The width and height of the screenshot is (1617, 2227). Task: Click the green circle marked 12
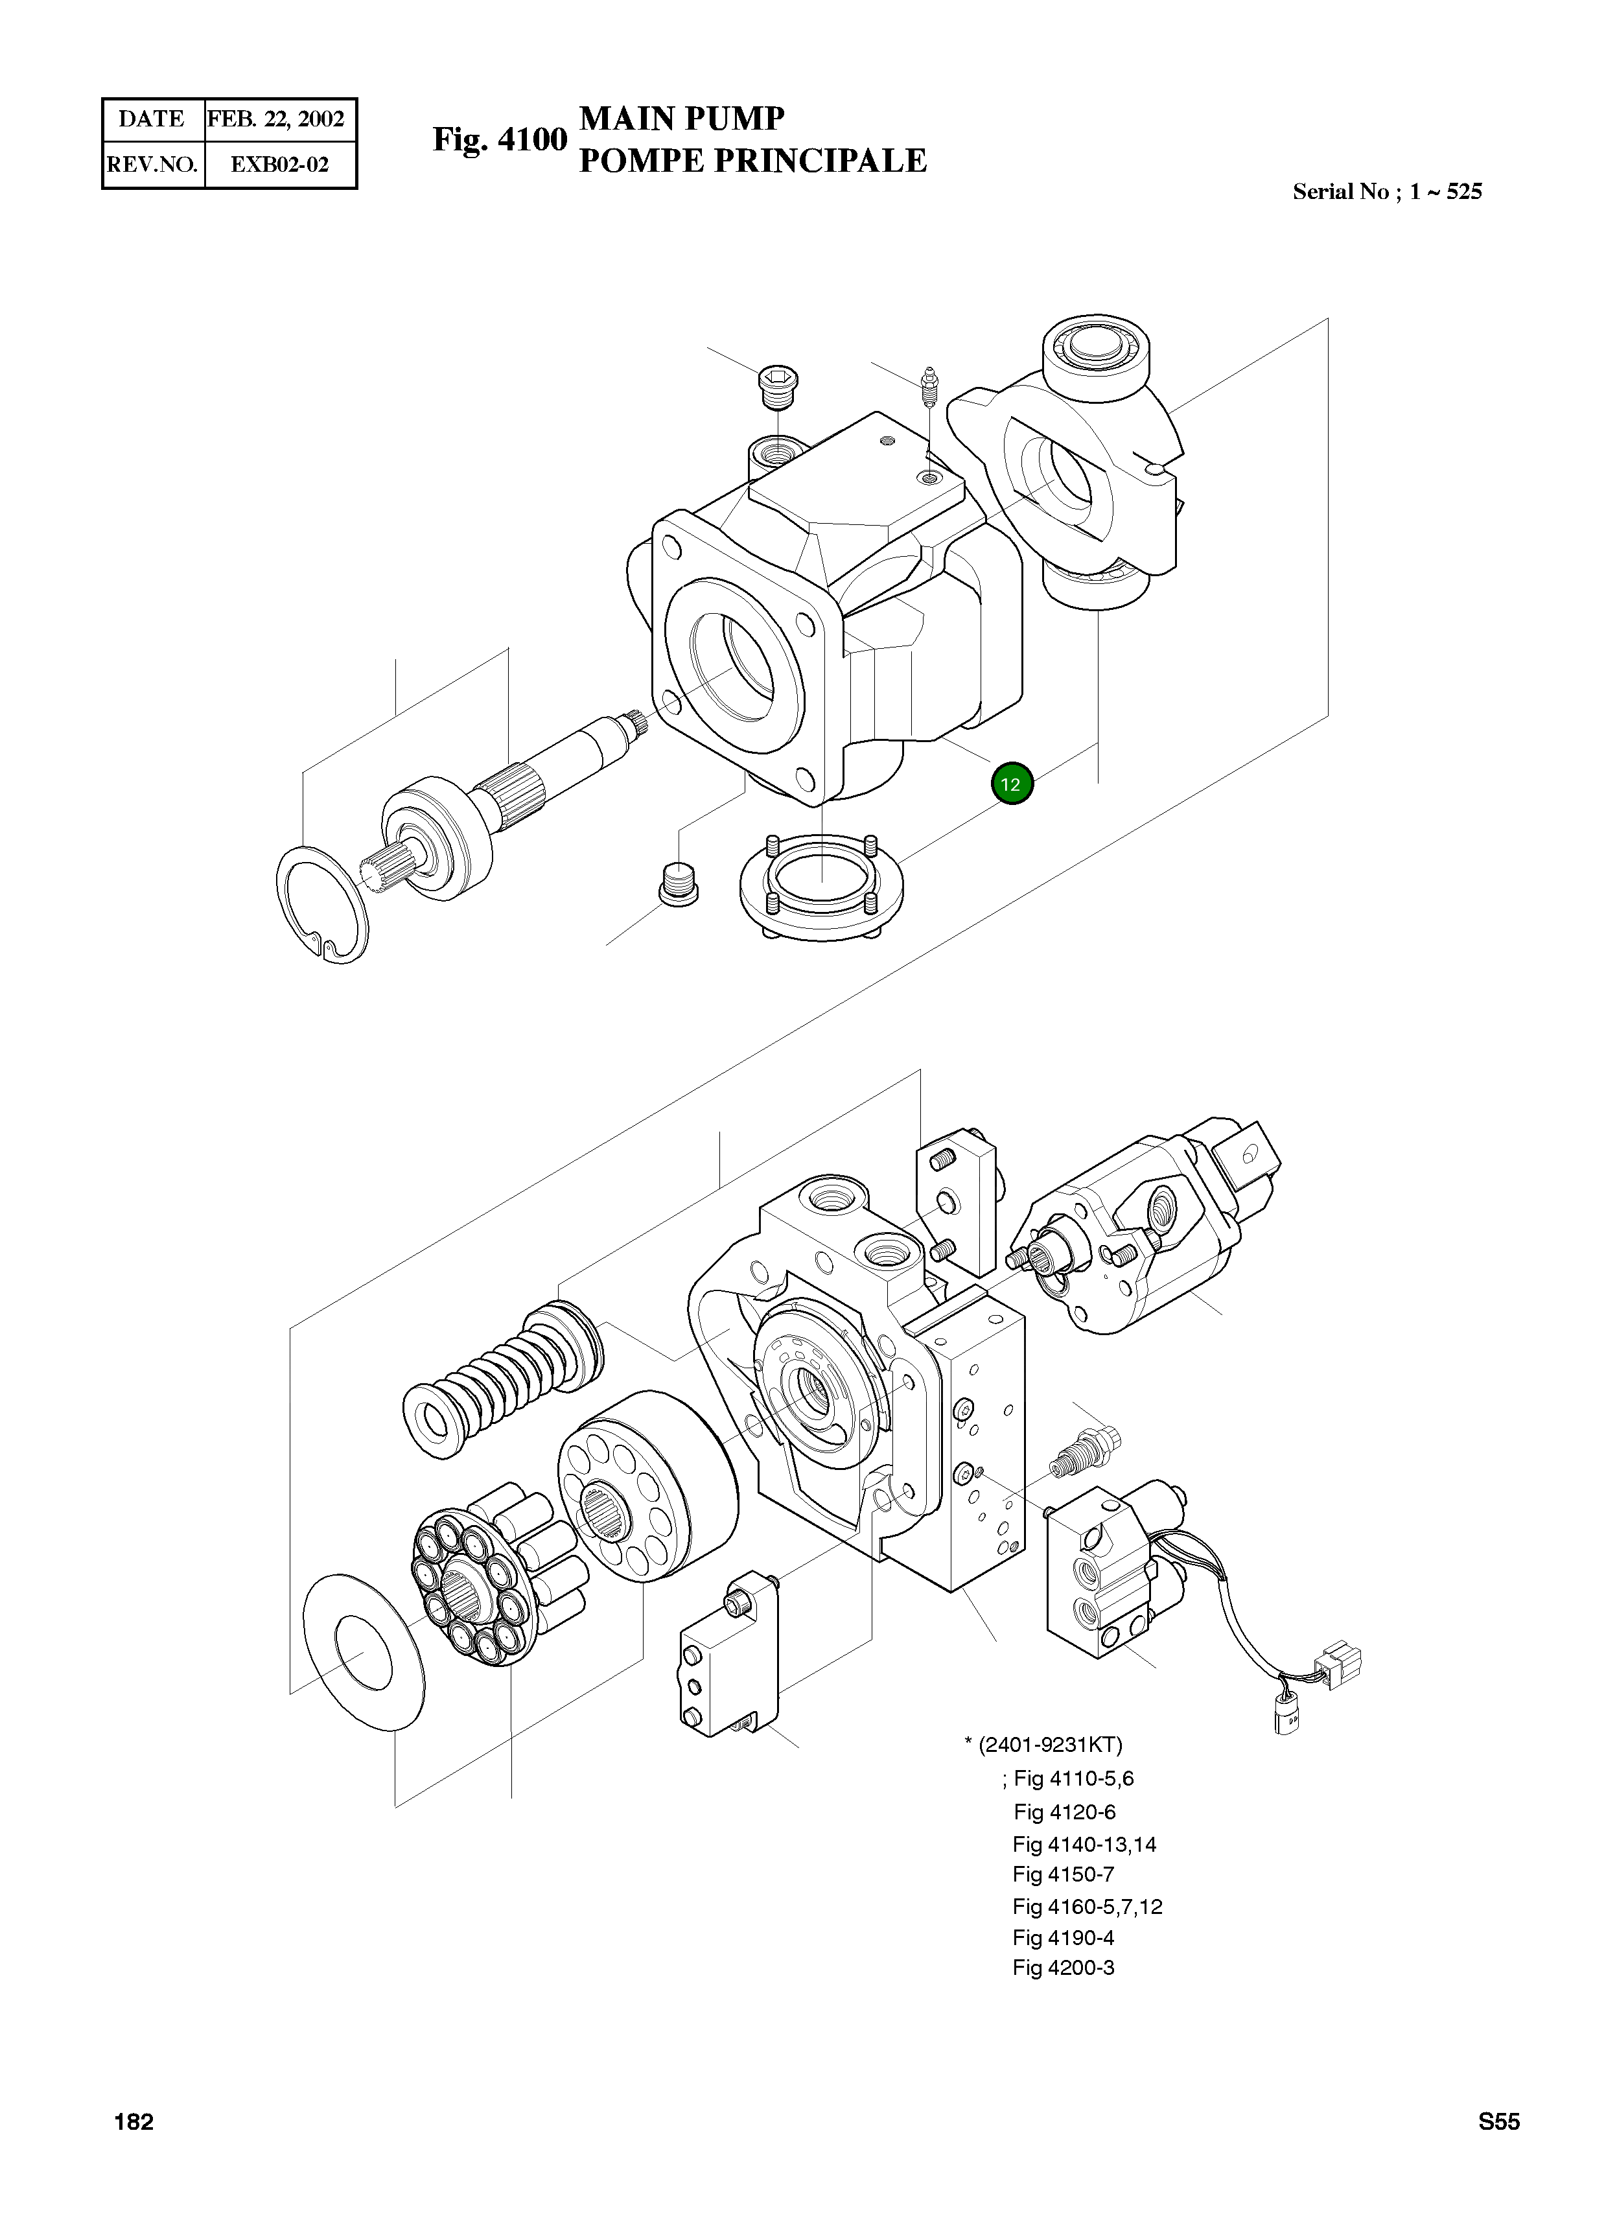(x=1011, y=784)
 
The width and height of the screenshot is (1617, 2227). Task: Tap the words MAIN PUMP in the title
(x=682, y=118)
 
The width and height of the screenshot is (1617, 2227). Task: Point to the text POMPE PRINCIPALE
(x=752, y=160)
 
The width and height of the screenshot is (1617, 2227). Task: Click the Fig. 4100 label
(x=500, y=139)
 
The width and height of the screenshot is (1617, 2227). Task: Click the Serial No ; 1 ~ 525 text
(x=1386, y=191)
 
